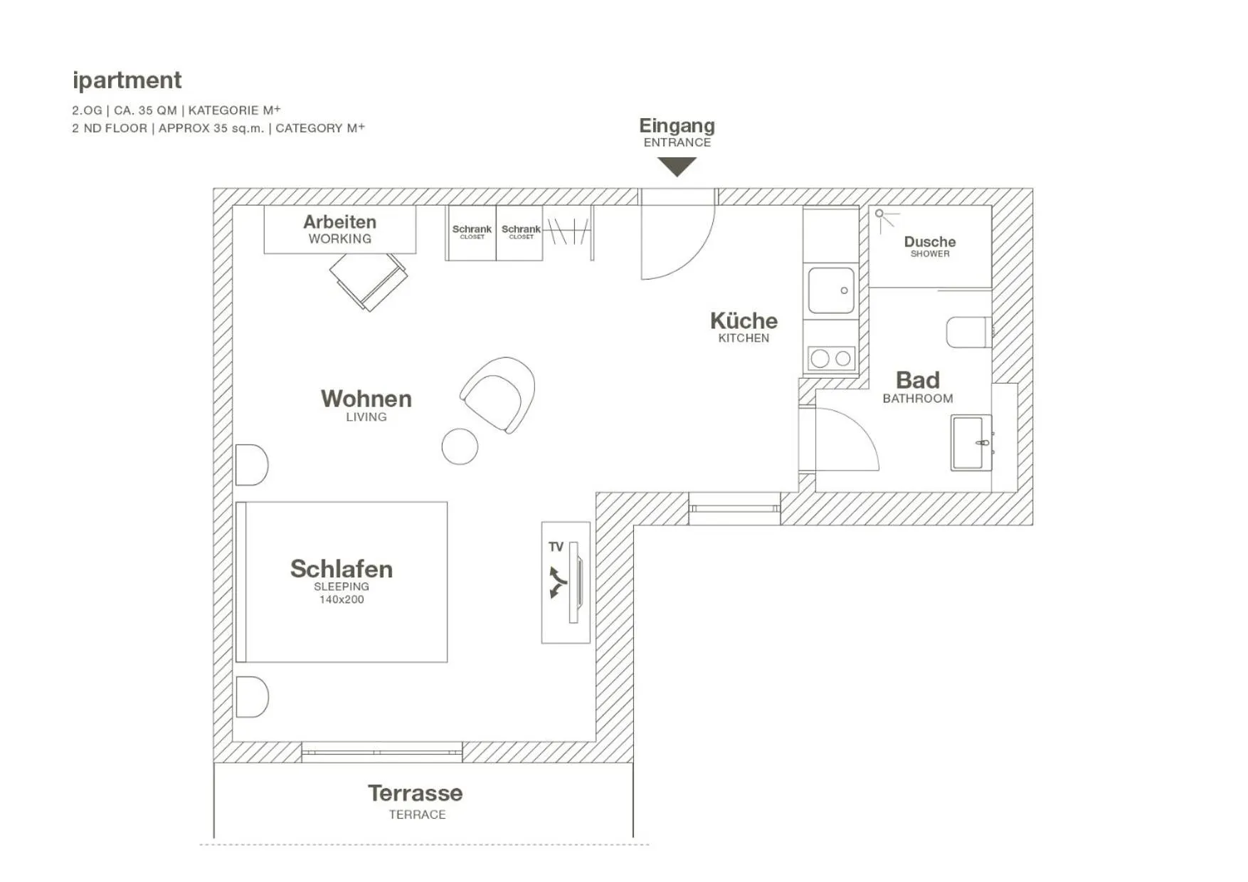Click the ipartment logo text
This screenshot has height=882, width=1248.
(127, 80)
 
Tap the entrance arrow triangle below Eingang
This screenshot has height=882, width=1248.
(677, 166)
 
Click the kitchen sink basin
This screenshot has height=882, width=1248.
(830, 290)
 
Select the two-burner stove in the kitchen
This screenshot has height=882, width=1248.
(831, 358)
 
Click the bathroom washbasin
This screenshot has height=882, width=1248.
(971, 443)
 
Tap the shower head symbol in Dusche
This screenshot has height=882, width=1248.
(880, 214)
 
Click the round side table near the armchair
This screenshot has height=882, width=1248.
(460, 446)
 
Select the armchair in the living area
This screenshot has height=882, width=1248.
(499, 394)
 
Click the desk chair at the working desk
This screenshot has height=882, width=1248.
(369, 280)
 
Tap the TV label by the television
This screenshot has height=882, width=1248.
(556, 547)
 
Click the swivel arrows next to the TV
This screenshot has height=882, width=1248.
(557, 582)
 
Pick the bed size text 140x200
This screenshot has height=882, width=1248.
(342, 599)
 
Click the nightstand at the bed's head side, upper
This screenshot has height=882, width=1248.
(251, 465)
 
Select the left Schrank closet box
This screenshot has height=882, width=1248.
(471, 233)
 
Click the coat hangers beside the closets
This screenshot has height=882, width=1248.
(569, 231)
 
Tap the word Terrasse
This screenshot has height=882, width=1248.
(416, 793)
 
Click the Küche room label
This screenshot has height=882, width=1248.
(744, 320)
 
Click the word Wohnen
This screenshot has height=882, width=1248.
(366, 399)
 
